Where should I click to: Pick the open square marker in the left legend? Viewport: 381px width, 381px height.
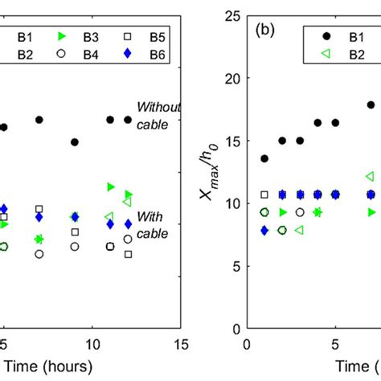point(126,37)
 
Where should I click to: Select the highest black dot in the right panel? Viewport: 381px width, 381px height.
point(371,104)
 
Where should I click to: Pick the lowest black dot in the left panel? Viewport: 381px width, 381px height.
point(75,141)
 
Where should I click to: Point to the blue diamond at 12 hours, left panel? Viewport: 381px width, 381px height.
point(128,223)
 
